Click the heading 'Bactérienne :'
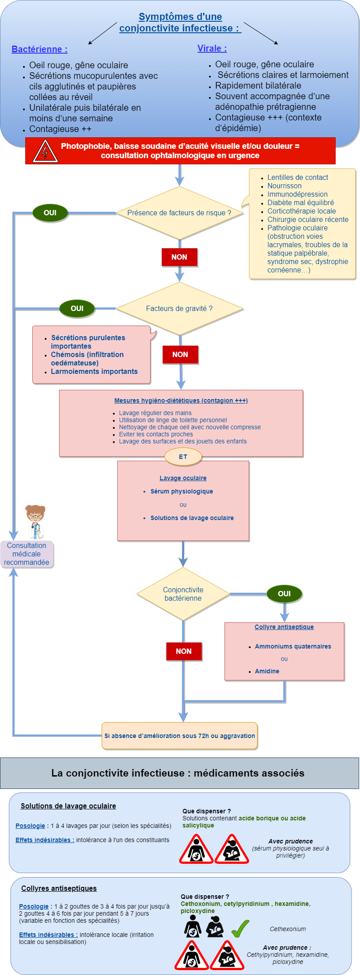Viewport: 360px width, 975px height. coord(39,49)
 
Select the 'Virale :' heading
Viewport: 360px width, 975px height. coord(212,48)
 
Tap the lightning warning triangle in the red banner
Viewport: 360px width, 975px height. coord(45,151)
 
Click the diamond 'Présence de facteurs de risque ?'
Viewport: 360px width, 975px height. coord(179,213)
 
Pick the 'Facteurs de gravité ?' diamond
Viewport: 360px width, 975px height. coord(179,309)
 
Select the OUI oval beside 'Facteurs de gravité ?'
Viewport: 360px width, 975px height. coord(77,309)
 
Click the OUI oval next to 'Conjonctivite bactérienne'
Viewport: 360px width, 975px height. coord(284,594)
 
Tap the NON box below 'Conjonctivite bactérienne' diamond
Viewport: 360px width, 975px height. coord(184,651)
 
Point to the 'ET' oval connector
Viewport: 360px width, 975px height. coord(183,457)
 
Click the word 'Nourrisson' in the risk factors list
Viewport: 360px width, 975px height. coord(284,186)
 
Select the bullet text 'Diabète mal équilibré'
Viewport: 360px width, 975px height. coord(300,202)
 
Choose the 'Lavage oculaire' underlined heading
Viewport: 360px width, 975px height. coord(183,478)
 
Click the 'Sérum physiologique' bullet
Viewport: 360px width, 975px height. coord(182,491)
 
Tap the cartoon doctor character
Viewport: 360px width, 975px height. coord(35,522)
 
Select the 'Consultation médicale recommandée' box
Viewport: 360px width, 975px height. coord(27,554)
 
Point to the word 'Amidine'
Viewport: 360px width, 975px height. coord(267,671)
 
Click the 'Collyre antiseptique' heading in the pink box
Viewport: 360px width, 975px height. coord(284,627)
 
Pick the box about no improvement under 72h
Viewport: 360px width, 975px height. coord(179,736)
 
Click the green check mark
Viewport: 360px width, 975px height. coord(240,928)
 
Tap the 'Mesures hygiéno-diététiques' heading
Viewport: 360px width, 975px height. coord(181,400)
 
